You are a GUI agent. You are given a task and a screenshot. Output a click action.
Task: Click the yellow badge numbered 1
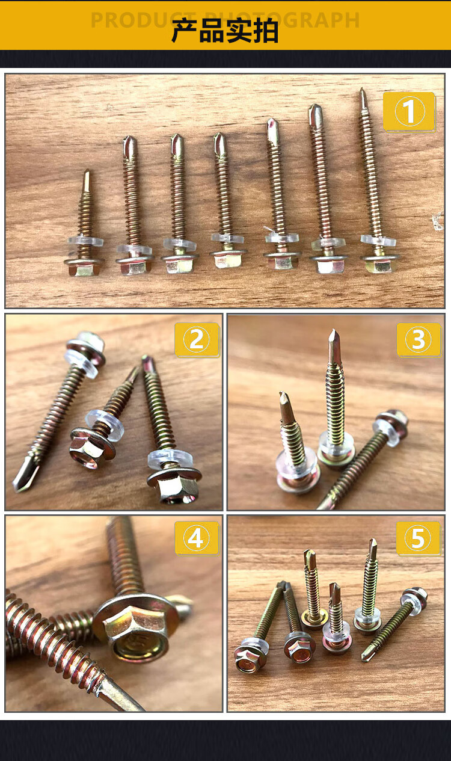(410, 111)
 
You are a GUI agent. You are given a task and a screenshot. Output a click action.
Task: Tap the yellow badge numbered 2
(197, 339)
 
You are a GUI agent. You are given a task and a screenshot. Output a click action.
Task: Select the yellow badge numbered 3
(419, 339)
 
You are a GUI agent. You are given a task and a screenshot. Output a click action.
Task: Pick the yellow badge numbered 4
(197, 538)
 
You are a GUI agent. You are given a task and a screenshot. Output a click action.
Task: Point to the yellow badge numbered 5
(419, 538)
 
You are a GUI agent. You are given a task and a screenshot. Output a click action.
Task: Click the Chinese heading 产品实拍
(225, 31)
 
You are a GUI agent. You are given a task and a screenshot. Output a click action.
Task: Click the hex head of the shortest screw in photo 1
(84, 267)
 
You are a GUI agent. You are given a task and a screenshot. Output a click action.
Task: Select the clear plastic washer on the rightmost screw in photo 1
(378, 241)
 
